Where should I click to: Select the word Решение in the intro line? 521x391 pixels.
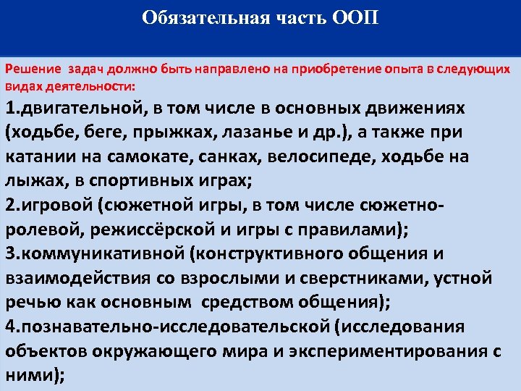[35, 70]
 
